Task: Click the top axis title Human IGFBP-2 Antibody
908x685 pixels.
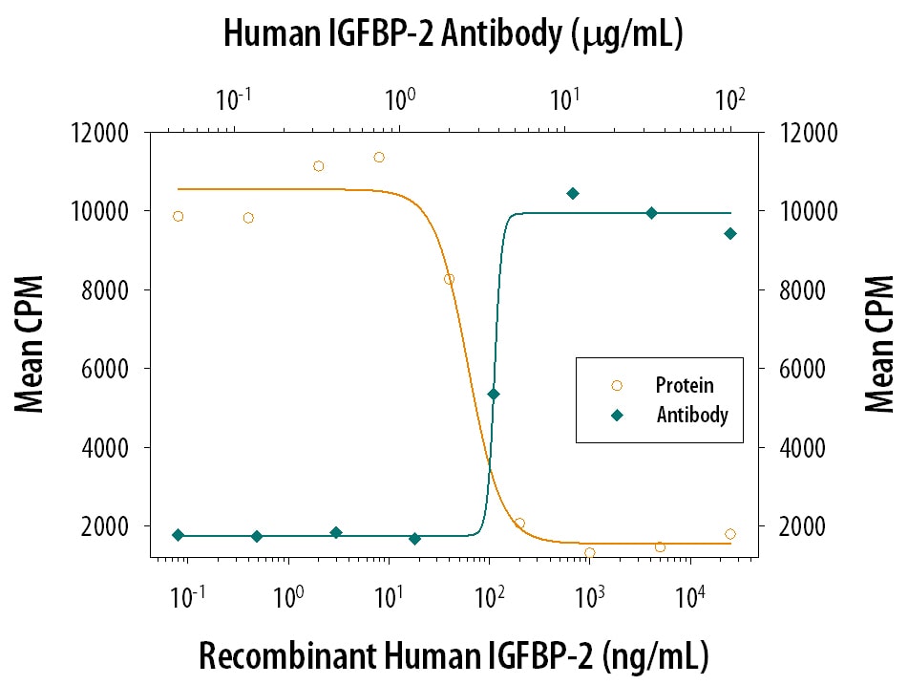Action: tap(453, 34)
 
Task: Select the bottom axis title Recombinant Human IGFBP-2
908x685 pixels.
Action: tap(454, 656)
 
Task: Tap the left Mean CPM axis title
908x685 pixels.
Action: tap(31, 344)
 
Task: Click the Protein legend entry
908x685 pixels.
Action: tap(684, 386)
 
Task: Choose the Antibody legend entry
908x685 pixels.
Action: tap(691, 415)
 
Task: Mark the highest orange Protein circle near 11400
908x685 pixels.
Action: tap(379, 157)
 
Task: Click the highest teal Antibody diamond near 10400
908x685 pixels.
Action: tap(573, 193)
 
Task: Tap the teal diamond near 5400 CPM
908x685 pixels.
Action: tap(494, 394)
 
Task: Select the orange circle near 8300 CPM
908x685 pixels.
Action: tap(449, 279)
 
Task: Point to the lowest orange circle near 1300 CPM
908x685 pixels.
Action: tap(590, 552)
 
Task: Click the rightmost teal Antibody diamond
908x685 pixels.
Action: tap(730, 233)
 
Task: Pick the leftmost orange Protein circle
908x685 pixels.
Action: tap(178, 216)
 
